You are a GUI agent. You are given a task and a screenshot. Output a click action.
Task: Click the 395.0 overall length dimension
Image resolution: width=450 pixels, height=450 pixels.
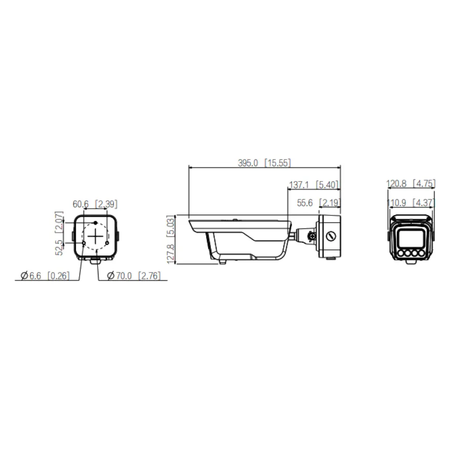pyautogui.click(x=248, y=163)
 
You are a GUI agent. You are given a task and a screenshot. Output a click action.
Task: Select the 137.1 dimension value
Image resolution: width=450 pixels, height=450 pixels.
pyautogui.click(x=299, y=185)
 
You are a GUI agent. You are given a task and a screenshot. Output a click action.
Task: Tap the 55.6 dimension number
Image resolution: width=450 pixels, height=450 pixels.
pyautogui.click(x=305, y=203)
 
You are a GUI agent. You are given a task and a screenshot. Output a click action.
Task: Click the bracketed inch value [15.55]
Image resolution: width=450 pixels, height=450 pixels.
pyautogui.click(x=277, y=163)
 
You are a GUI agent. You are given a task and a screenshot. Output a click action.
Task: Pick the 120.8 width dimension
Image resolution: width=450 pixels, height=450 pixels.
pyautogui.click(x=396, y=184)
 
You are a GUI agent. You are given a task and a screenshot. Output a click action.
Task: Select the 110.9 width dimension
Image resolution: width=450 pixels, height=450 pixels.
pyautogui.click(x=396, y=203)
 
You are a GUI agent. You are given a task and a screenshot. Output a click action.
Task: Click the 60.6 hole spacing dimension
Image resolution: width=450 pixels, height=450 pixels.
pyautogui.click(x=81, y=204)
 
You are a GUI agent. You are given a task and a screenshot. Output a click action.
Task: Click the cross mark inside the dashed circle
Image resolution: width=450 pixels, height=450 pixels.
pyautogui.click(x=95, y=236)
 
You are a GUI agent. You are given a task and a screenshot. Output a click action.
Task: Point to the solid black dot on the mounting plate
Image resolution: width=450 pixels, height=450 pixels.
pyautogui.click(x=95, y=223)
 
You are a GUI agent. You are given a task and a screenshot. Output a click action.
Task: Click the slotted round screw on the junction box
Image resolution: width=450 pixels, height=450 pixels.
pyautogui.click(x=331, y=236)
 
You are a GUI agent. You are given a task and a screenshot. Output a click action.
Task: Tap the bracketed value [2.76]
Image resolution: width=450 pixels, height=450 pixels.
pyautogui.click(x=149, y=276)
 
